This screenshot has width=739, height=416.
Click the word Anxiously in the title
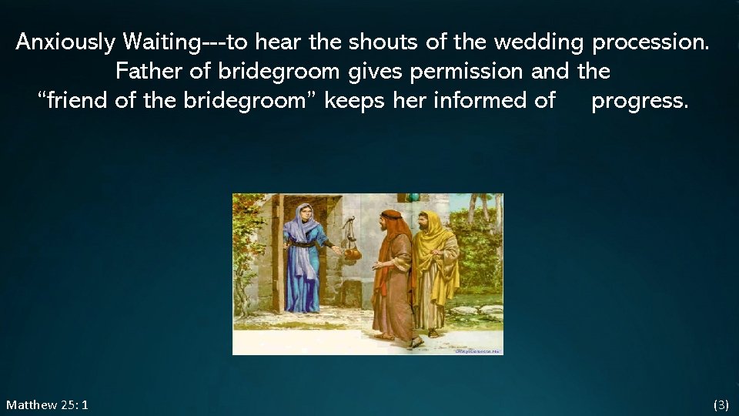coord(65,42)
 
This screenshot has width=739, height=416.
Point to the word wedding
coord(540,42)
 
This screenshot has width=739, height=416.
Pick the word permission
coord(466,72)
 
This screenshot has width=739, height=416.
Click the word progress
coord(640,101)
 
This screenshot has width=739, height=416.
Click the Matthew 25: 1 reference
coord(47,404)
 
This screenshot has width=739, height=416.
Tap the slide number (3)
coord(721,404)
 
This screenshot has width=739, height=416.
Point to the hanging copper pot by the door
coord(352,252)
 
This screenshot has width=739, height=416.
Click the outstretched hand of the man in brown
coord(376,266)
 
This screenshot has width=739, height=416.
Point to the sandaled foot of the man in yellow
coord(433,334)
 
